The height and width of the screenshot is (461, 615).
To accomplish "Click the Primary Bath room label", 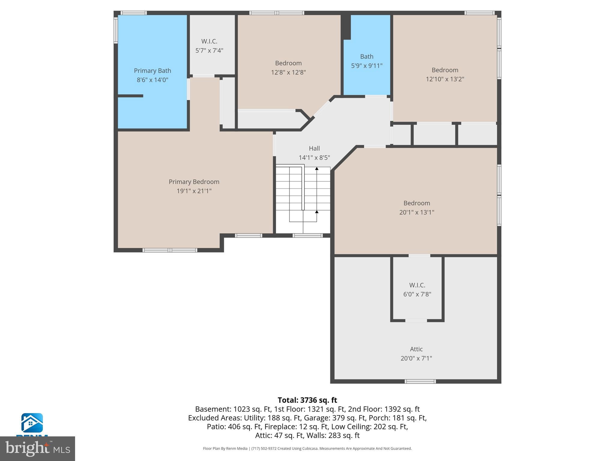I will point(152,71).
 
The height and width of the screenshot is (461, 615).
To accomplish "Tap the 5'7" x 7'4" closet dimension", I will point(209,50).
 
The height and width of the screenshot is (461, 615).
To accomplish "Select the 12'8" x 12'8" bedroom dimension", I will point(288,72).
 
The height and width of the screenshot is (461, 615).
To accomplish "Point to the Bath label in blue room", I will point(367,56).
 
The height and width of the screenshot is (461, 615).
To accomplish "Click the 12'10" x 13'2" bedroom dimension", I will point(445,79).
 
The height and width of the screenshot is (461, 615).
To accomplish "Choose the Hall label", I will point(314,148).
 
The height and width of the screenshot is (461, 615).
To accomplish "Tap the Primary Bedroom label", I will point(194,182).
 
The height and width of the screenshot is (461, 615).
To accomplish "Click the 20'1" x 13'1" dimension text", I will point(417,212).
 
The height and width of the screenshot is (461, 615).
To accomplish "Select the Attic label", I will point(416,349).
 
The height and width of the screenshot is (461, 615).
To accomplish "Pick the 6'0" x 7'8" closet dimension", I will point(417,294).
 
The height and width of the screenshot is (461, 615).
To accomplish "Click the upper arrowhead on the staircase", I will point(317,169).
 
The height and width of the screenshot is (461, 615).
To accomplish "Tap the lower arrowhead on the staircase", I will point(317,212).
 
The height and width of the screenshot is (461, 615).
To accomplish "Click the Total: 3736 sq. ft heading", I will point(307,400).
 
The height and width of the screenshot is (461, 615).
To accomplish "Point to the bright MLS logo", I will point(38,448).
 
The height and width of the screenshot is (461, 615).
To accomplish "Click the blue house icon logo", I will point(32,423).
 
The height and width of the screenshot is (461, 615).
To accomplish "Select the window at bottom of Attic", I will point(420,381).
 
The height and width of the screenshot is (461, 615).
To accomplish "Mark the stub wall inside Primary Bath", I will point(130,96).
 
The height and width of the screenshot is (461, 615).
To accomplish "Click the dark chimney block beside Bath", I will point(347,27).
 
